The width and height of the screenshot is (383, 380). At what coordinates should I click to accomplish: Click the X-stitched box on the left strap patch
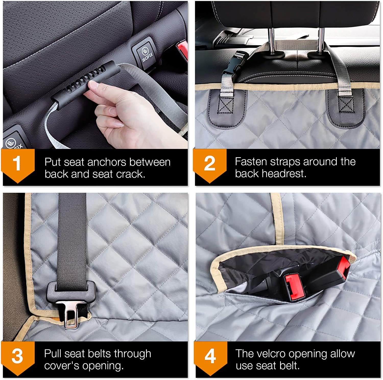tap(225, 105)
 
